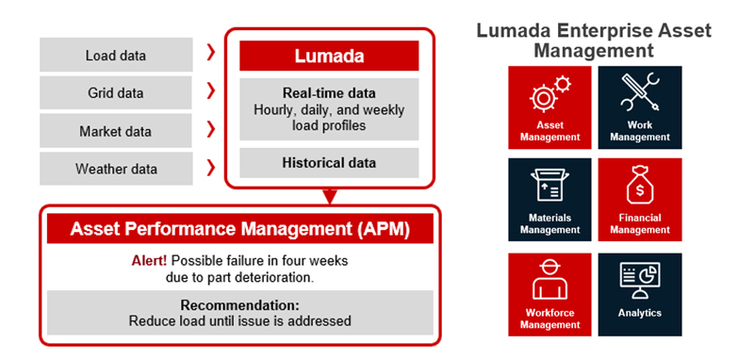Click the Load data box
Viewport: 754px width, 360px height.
tap(115, 56)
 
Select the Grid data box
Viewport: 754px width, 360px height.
tap(115, 93)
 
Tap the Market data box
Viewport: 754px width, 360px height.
tap(115, 131)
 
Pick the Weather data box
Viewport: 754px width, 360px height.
tap(115, 169)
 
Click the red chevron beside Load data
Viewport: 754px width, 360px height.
tap(210, 54)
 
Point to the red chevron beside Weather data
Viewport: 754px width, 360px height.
tap(210, 168)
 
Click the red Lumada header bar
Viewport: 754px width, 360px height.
tap(328, 56)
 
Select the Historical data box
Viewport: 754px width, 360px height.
tap(328, 163)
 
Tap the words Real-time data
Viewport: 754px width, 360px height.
tap(328, 93)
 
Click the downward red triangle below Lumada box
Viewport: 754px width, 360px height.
tap(329, 197)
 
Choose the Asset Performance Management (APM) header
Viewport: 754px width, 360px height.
tap(239, 228)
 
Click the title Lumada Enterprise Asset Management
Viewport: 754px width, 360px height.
tap(594, 40)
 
